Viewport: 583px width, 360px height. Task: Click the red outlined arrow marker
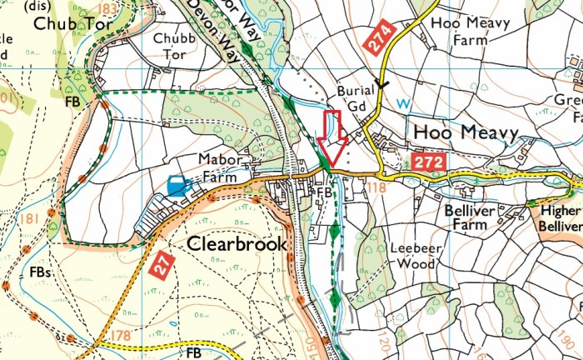333,141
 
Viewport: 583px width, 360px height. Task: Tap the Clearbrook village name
237,244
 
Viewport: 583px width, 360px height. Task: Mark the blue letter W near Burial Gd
404,103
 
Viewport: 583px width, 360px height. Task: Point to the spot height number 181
33,219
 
